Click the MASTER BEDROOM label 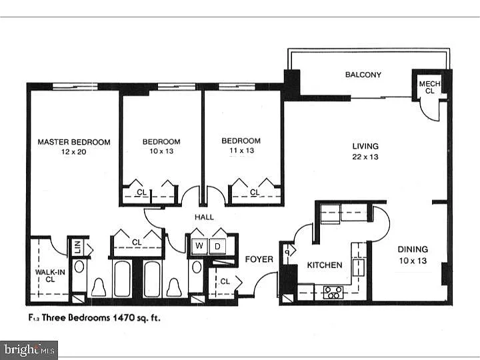[73, 142]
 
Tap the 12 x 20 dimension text [73, 152]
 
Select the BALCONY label [363, 75]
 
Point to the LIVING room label [365, 146]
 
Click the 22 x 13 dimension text [365, 157]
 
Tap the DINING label [413, 249]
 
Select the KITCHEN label [324, 265]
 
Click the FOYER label [259, 259]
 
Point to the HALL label [203, 217]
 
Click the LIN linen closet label [77, 247]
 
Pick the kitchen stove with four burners [332, 291]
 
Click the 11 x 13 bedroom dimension [241, 151]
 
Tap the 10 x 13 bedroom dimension [161, 152]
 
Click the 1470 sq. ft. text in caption [137, 318]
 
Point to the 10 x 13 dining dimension [413, 261]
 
